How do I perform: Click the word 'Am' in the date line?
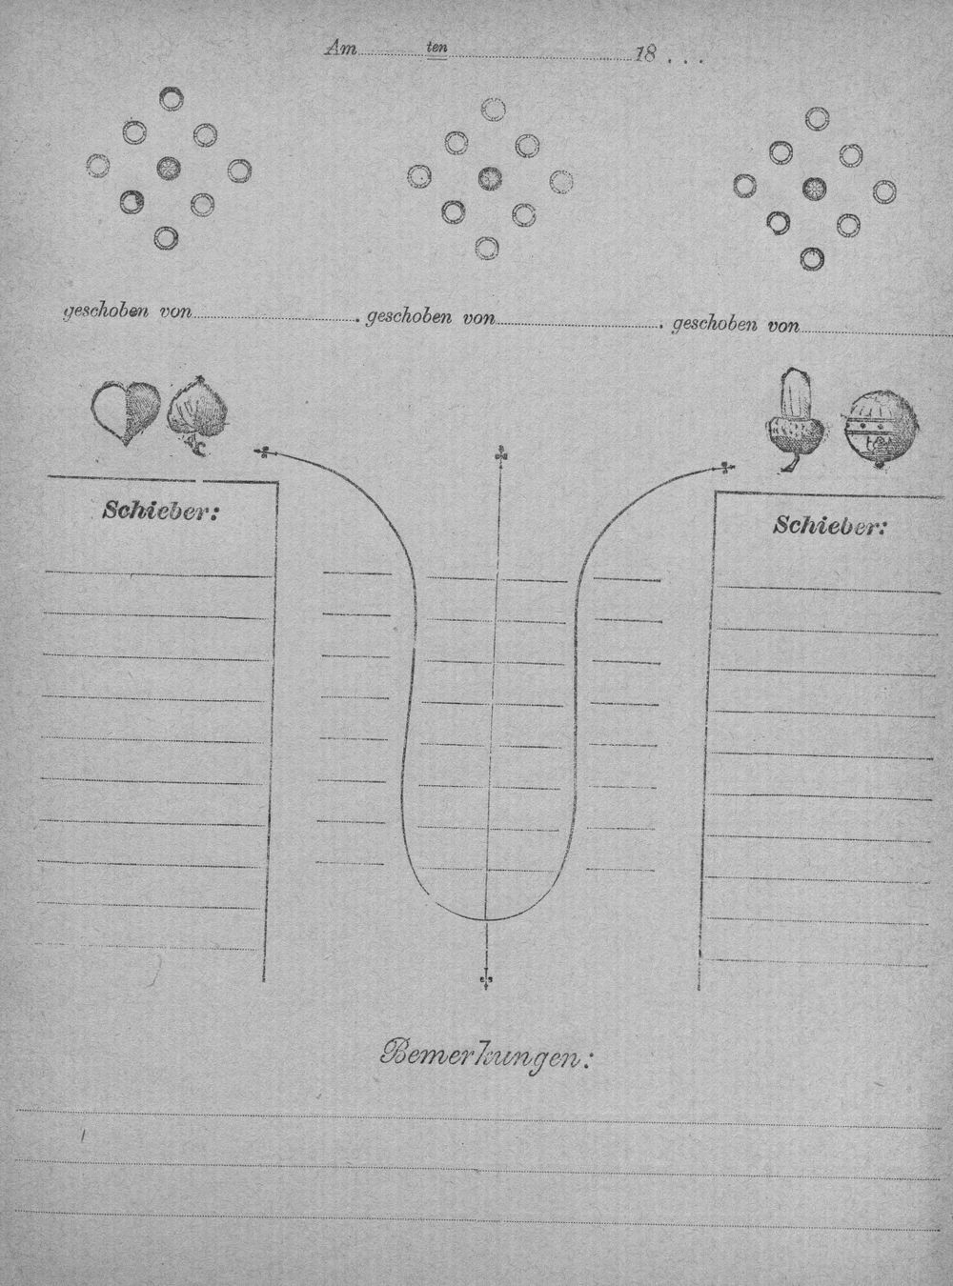click(x=341, y=50)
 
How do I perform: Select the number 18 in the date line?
click(x=644, y=54)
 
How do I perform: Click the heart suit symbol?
click(x=126, y=412)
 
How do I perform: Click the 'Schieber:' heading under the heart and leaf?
click(x=158, y=512)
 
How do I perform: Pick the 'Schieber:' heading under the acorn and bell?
click(x=830, y=526)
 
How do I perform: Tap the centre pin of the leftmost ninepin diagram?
click(x=169, y=169)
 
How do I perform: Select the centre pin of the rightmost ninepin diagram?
click(x=814, y=188)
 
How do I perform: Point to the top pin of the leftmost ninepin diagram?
click(x=172, y=98)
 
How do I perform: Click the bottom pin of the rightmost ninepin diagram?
click(x=811, y=258)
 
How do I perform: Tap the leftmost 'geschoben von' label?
click(x=127, y=311)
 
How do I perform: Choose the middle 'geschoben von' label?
click(x=430, y=318)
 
